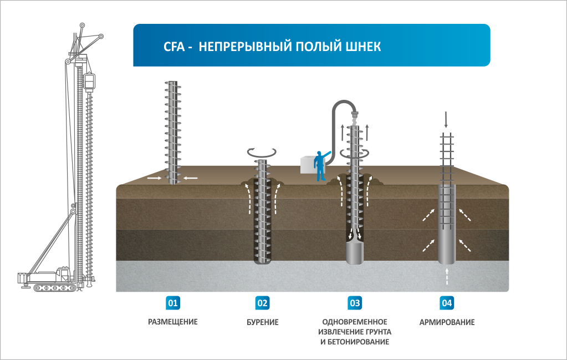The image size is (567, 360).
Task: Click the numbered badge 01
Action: pos(172,303)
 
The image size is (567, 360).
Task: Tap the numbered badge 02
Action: pos(262,303)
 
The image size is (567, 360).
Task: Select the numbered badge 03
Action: pos(355,303)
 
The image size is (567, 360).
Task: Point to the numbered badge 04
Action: pos(447,303)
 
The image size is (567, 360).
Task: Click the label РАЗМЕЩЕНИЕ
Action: pos(172,322)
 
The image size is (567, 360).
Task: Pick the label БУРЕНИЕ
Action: pos(262,322)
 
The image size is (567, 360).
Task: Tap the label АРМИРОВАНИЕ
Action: pos(447,322)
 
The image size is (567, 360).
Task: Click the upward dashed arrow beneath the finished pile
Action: pos(447,275)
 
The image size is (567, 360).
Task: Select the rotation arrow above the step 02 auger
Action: pos(262,151)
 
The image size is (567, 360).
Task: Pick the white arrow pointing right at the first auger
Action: pos(155,178)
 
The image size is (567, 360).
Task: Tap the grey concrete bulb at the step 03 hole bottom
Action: pos(355,252)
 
